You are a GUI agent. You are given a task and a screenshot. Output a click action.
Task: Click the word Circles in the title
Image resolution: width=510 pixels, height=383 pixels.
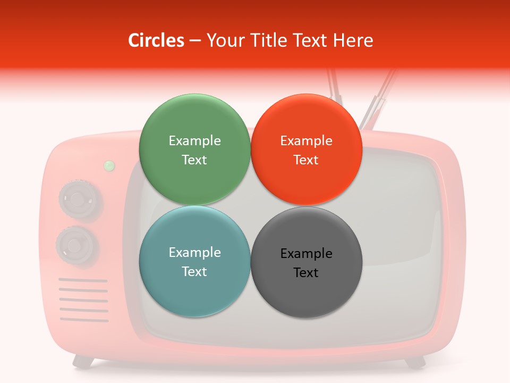pos(156,40)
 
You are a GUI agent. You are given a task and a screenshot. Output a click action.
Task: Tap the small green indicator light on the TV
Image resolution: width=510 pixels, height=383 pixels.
pos(109,166)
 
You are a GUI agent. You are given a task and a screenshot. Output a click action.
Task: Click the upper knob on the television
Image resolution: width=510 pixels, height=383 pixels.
pos(78,200)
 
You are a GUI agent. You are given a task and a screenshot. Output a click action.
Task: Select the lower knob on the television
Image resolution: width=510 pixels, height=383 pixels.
pos(76,245)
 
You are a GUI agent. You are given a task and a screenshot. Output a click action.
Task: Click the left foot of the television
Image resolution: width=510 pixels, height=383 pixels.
pos(83,362)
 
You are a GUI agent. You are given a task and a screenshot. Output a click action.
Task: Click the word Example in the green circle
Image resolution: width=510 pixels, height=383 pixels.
pos(194,141)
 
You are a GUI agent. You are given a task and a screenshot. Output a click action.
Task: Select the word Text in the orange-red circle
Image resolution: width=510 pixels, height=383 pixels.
pos(306,160)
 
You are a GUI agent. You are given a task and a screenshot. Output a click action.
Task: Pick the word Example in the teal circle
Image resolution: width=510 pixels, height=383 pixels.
pos(194,253)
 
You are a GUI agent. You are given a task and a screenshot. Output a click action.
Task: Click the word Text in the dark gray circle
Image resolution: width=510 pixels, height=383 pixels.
pos(306,273)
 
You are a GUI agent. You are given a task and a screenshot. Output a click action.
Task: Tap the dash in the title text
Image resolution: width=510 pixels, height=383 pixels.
pos(195,41)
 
